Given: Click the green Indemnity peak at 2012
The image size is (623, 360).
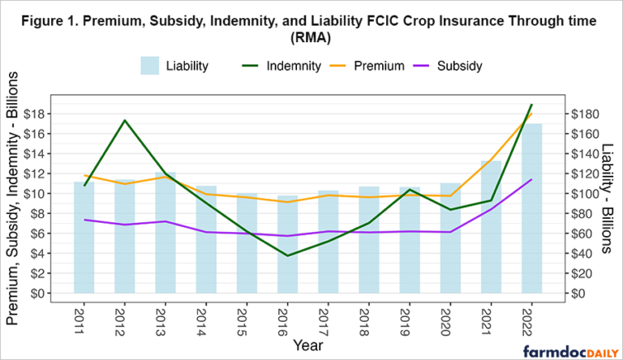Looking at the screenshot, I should coord(124,121).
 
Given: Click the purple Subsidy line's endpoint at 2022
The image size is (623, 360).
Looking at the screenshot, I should coord(531,179).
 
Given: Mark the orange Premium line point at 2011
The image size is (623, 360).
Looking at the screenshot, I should coord(84,175).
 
